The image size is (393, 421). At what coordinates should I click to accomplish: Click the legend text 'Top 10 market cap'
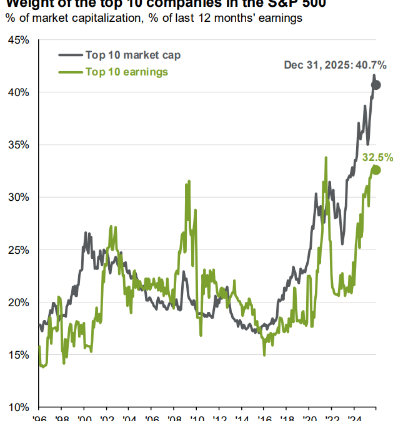(x=132, y=56)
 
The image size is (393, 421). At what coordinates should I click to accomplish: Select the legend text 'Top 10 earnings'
(x=127, y=72)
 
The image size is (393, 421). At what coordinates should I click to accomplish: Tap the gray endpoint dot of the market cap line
(x=376, y=85)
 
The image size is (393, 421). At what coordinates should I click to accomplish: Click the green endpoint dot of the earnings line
(x=376, y=170)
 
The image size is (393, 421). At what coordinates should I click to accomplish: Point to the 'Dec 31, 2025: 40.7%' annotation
(x=335, y=65)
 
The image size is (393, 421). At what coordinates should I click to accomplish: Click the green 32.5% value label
(x=377, y=157)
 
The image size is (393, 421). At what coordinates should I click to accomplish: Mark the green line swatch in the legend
(x=71, y=72)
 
